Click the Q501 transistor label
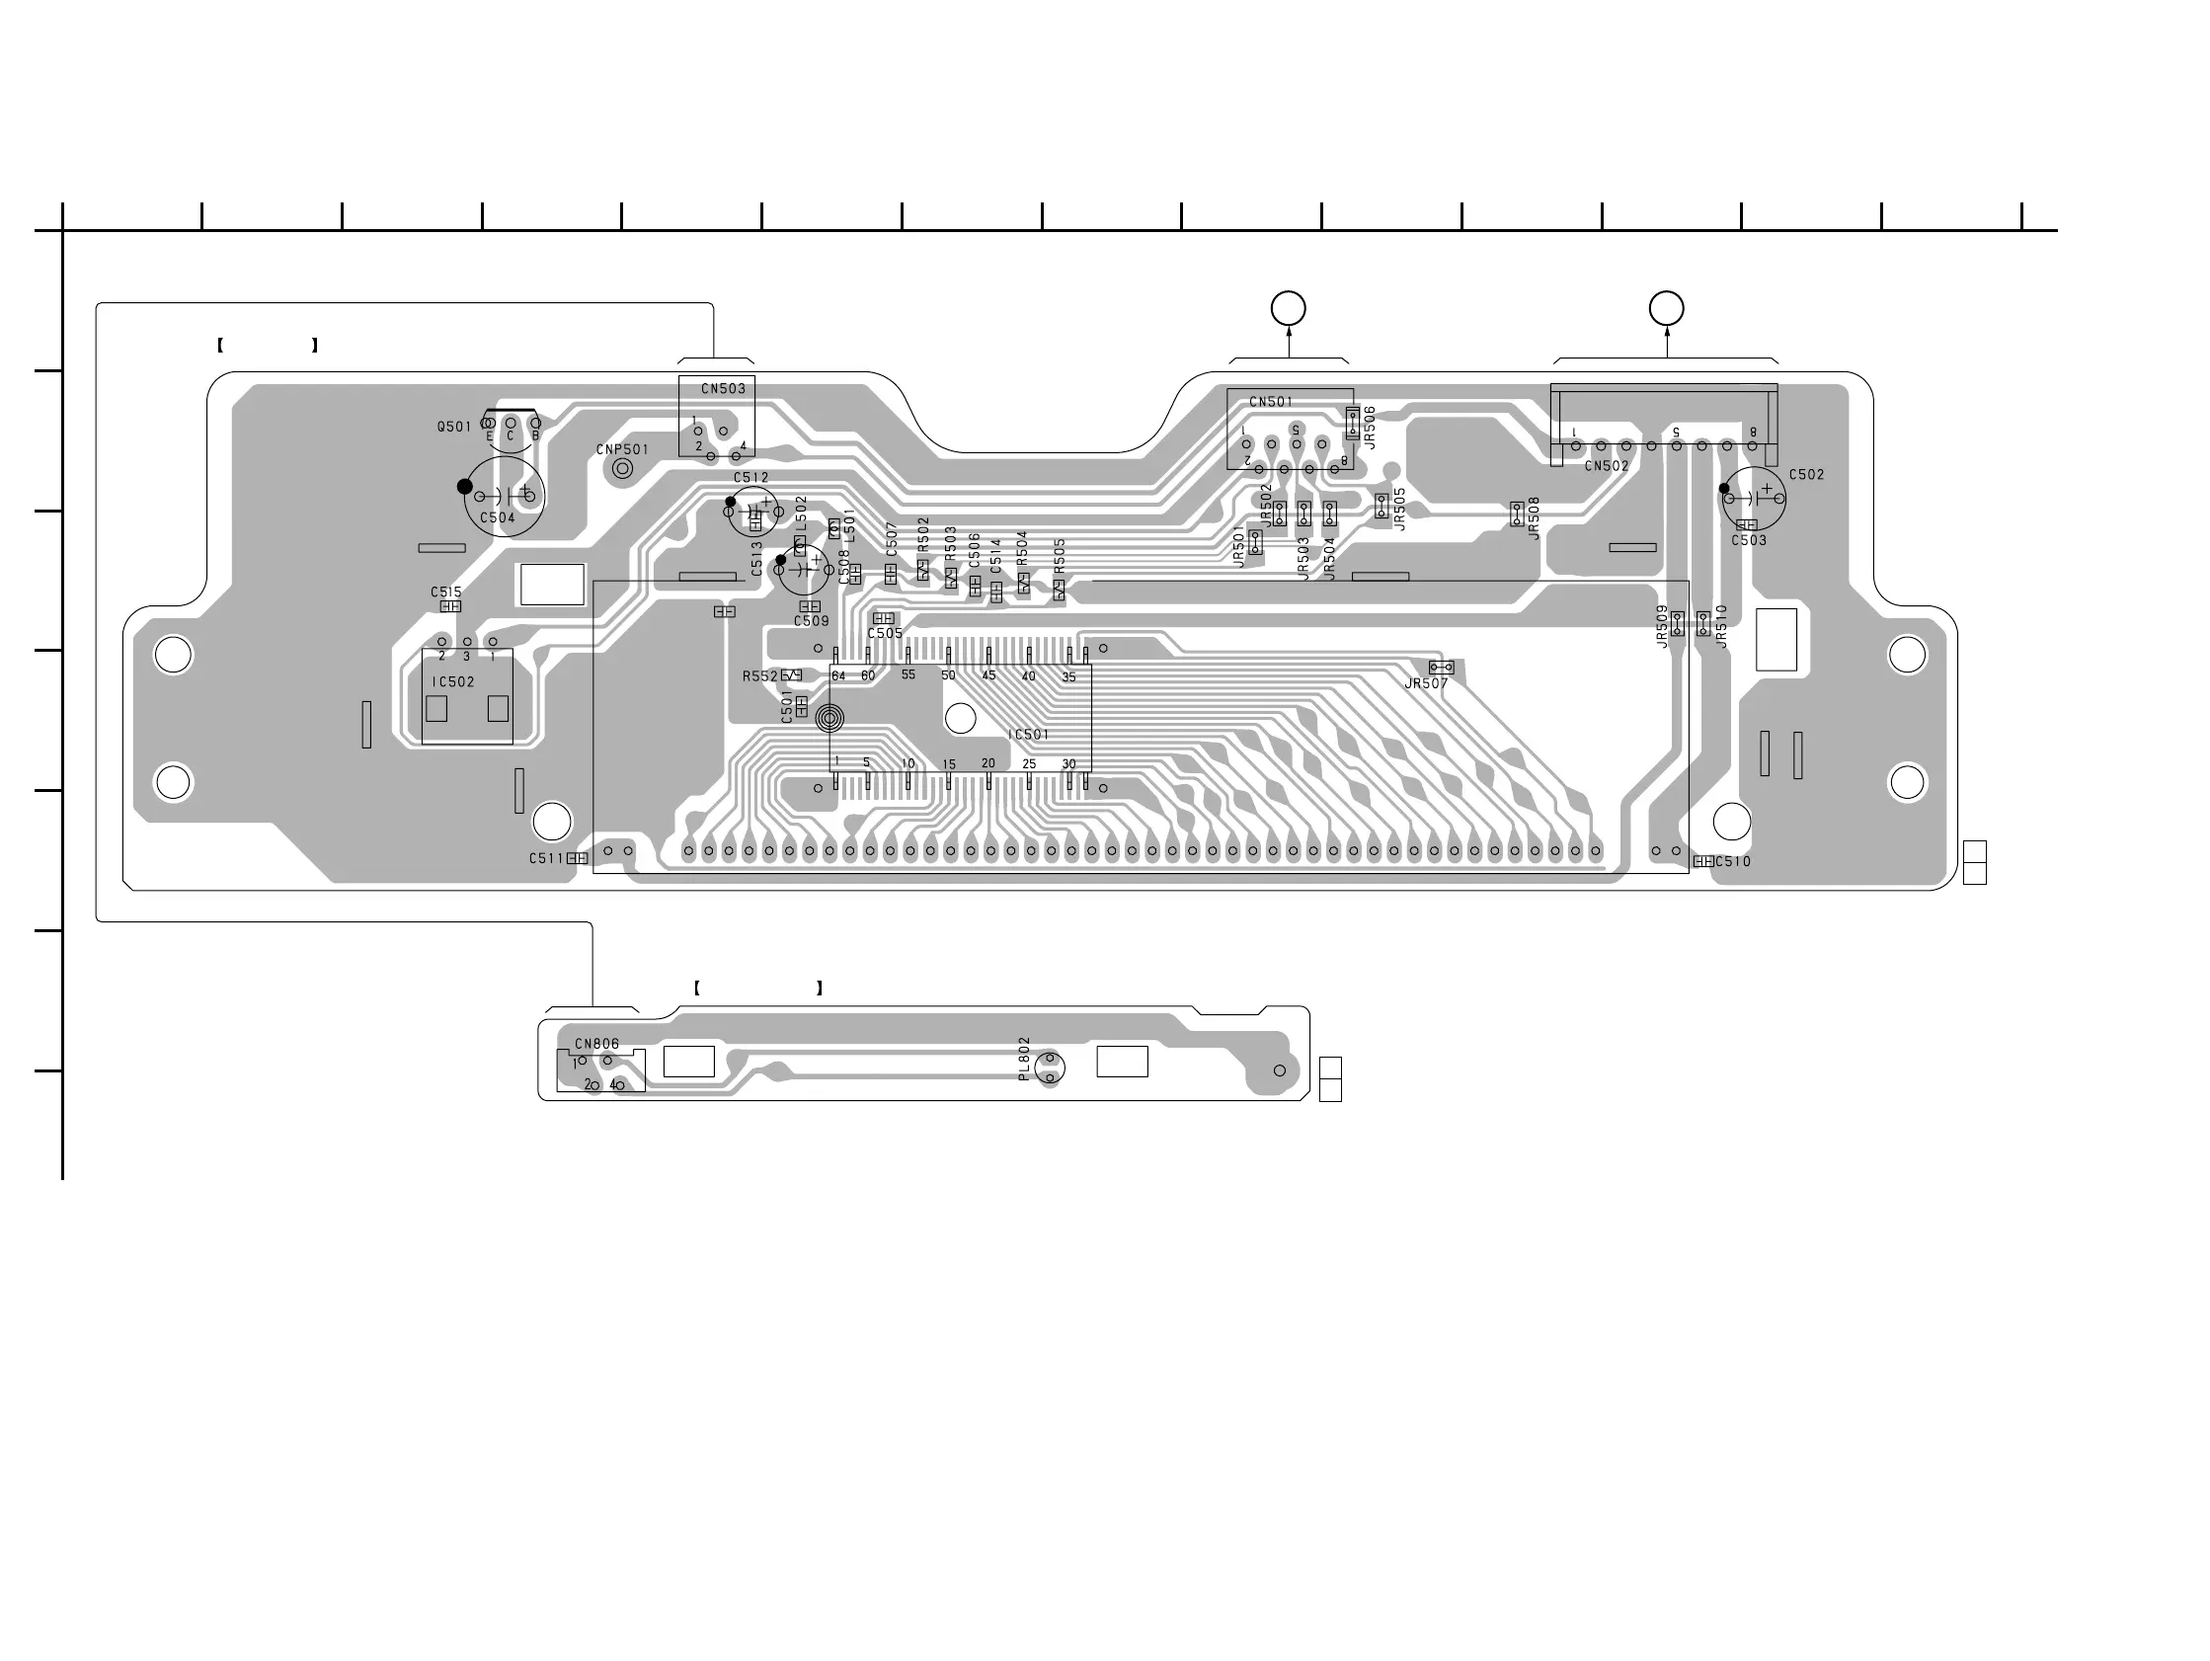coord(453,427)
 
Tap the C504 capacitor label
coord(498,517)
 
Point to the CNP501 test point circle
coord(622,468)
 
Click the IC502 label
coord(453,681)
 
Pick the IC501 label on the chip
coord(1028,735)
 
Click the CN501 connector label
coord(1271,402)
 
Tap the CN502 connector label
coord(1607,466)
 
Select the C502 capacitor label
coord(1806,475)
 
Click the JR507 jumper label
coord(1426,683)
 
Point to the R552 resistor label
coord(759,676)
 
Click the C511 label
coord(546,858)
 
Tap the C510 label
coord(1733,861)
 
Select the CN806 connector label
coord(596,1044)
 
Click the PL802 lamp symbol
coord(1049,1068)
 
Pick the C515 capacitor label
coord(446,592)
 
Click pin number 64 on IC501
coord(838,676)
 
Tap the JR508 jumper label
coord(1534,517)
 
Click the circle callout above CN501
coord(1288,308)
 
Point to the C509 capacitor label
coord(812,620)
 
